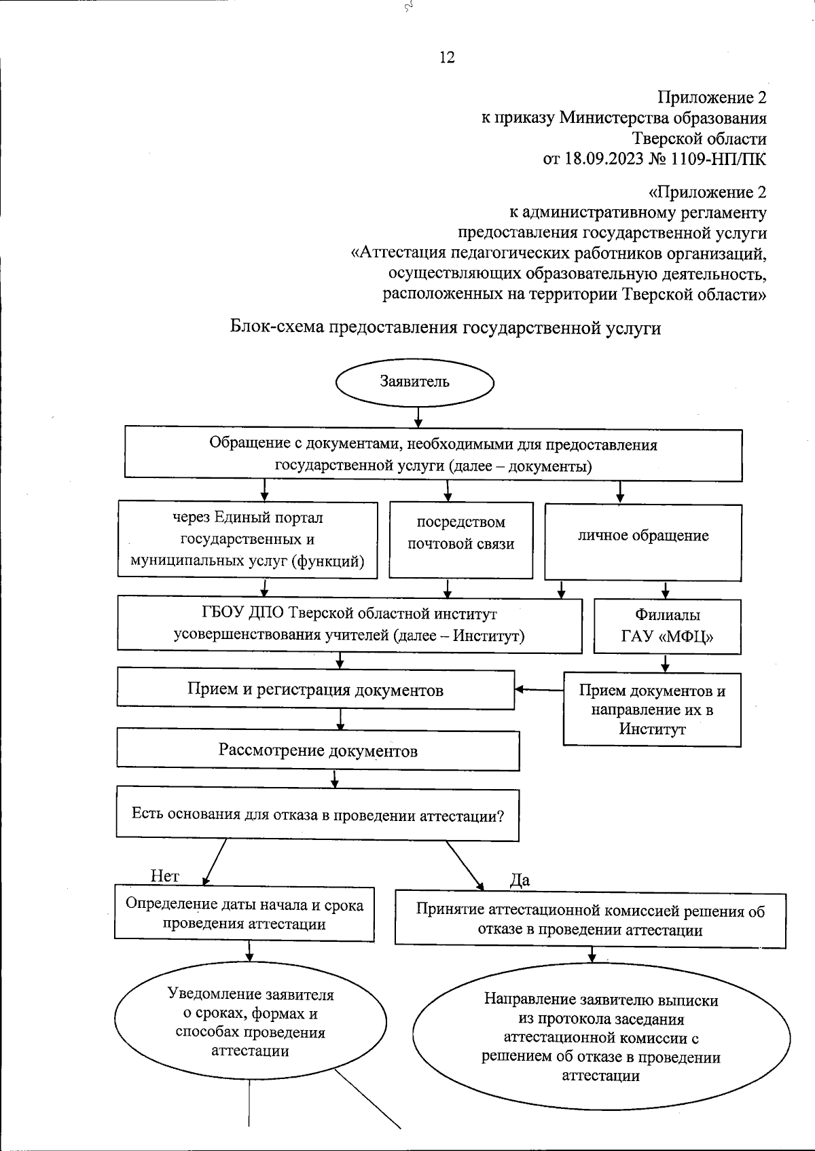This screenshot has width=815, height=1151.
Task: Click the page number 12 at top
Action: click(x=447, y=58)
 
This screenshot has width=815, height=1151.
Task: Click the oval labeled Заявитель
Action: click(x=414, y=382)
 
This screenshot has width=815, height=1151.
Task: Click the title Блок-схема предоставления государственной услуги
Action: click(x=446, y=328)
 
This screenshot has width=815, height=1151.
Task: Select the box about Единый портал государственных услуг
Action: click(x=247, y=540)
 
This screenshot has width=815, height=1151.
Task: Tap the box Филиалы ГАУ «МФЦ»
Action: click(x=667, y=625)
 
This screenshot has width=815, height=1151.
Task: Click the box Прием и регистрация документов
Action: click(x=315, y=690)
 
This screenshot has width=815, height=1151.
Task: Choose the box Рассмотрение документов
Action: click(x=318, y=750)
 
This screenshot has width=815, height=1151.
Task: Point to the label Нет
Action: click(x=164, y=876)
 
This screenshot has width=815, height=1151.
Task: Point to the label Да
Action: click(x=520, y=881)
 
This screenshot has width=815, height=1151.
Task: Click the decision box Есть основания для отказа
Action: click(x=317, y=814)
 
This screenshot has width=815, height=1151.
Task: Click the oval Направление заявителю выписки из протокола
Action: click(x=601, y=1038)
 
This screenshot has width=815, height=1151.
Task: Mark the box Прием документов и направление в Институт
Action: click(x=652, y=710)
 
